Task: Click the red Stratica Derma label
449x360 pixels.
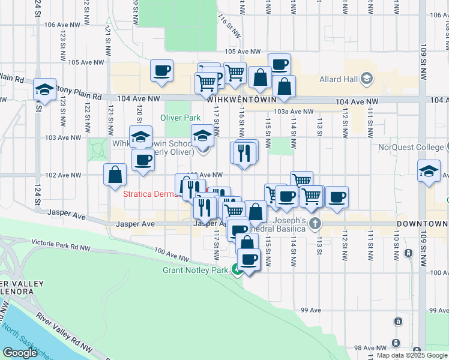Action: click(x=148, y=194)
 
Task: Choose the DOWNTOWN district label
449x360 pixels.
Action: click(x=422, y=224)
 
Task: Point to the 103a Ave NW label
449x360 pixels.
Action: click(x=294, y=112)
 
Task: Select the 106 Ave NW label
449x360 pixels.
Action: click(x=62, y=25)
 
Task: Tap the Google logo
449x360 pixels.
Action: click(x=20, y=353)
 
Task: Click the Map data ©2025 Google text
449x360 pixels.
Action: click(x=412, y=355)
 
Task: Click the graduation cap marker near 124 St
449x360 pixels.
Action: click(x=44, y=90)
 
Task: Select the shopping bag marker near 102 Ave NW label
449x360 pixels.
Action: click(x=115, y=175)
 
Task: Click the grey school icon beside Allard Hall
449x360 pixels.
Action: click(x=367, y=79)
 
